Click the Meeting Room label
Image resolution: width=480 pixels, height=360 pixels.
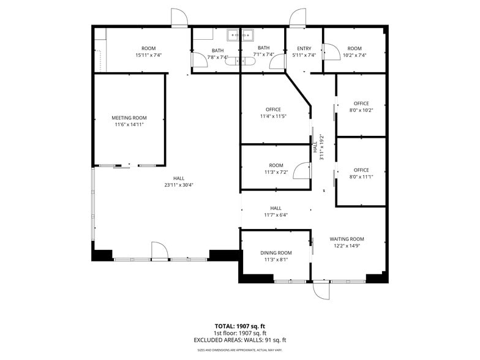(129, 118)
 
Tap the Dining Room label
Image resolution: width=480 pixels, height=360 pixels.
(276, 252)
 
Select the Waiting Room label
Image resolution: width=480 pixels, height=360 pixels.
(347, 239)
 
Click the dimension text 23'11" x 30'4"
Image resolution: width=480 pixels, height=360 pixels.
(178, 186)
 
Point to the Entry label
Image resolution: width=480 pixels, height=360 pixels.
(304, 48)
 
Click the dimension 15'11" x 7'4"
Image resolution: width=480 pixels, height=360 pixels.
(148, 56)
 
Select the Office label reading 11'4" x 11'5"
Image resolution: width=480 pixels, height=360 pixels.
(273, 110)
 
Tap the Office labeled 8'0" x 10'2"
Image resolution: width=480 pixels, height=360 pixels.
(361, 103)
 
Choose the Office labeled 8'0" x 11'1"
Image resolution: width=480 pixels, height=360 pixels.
(361, 170)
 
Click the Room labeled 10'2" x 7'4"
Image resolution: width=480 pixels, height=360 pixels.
(354, 48)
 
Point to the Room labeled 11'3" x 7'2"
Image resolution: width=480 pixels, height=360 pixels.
(276, 165)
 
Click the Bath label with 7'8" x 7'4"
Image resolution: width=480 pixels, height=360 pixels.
(217, 50)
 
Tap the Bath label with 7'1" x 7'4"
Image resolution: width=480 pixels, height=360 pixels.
(263, 48)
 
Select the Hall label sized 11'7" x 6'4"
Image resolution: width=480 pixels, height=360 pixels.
(276, 208)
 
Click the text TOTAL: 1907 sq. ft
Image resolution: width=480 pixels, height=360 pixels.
(239, 326)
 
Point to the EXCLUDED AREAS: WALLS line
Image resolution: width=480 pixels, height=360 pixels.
(239, 340)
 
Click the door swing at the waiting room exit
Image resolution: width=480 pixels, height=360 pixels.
(321, 290)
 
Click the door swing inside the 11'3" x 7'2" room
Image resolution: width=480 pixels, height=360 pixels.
(302, 170)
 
